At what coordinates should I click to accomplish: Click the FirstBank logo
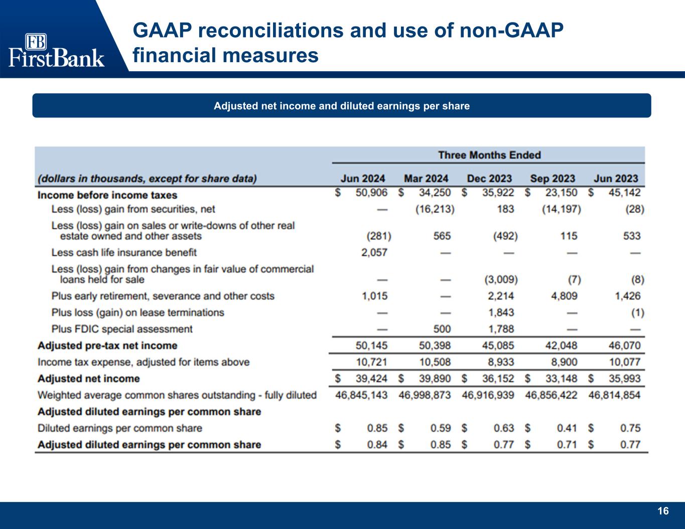click(56, 50)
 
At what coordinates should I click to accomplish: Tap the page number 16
click(663, 511)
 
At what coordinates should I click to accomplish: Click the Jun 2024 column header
click(363, 179)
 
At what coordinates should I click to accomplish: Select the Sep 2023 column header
click(553, 179)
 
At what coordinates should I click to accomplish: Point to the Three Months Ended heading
click(489, 155)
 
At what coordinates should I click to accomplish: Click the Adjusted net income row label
click(89, 379)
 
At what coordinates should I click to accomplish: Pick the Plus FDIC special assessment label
click(122, 329)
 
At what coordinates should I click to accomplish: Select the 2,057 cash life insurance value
click(374, 252)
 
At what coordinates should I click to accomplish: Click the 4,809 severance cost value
click(564, 296)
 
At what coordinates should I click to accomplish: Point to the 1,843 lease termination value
click(501, 312)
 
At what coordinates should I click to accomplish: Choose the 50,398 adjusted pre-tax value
click(435, 345)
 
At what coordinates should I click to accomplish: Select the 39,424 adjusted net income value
click(371, 379)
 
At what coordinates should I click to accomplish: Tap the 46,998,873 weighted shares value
click(425, 395)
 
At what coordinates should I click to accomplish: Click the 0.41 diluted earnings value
click(567, 428)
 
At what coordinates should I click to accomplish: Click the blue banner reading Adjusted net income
click(342, 106)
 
